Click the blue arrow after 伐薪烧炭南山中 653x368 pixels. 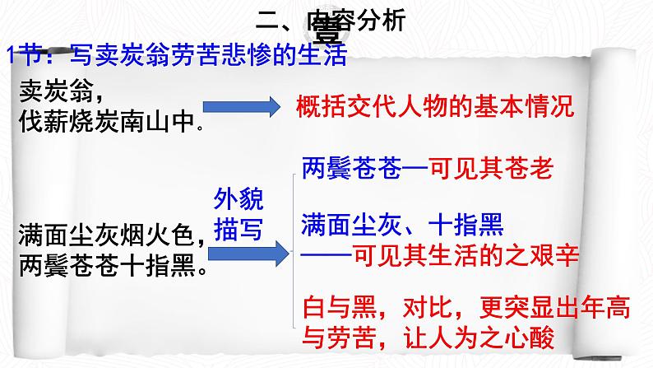pyautogui.click(x=242, y=108)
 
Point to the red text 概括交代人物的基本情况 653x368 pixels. pyautogui.click(x=433, y=108)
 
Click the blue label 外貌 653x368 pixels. pyautogui.click(x=237, y=198)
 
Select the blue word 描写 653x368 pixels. pyautogui.click(x=237, y=231)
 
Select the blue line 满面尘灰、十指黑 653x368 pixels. pyautogui.click(x=403, y=223)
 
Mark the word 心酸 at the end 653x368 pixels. pyautogui.click(x=531, y=338)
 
